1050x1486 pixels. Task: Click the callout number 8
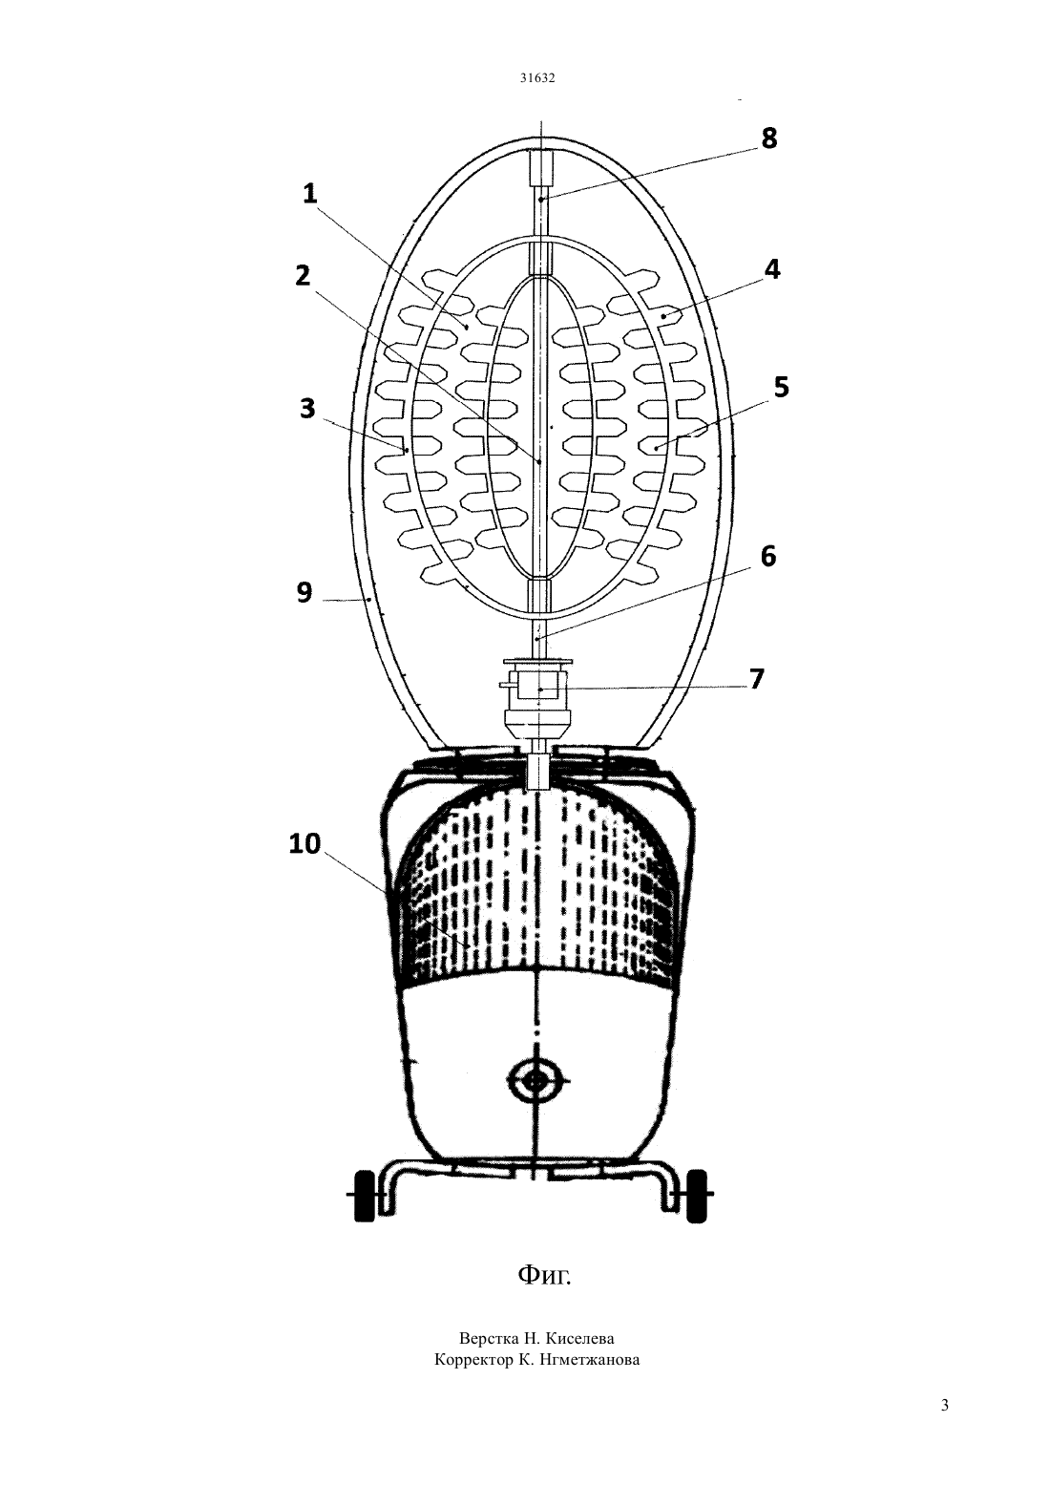click(769, 138)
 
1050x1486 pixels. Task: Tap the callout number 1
click(310, 194)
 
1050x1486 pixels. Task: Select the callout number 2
click(303, 275)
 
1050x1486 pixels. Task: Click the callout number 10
click(304, 844)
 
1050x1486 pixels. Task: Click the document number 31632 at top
click(536, 77)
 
